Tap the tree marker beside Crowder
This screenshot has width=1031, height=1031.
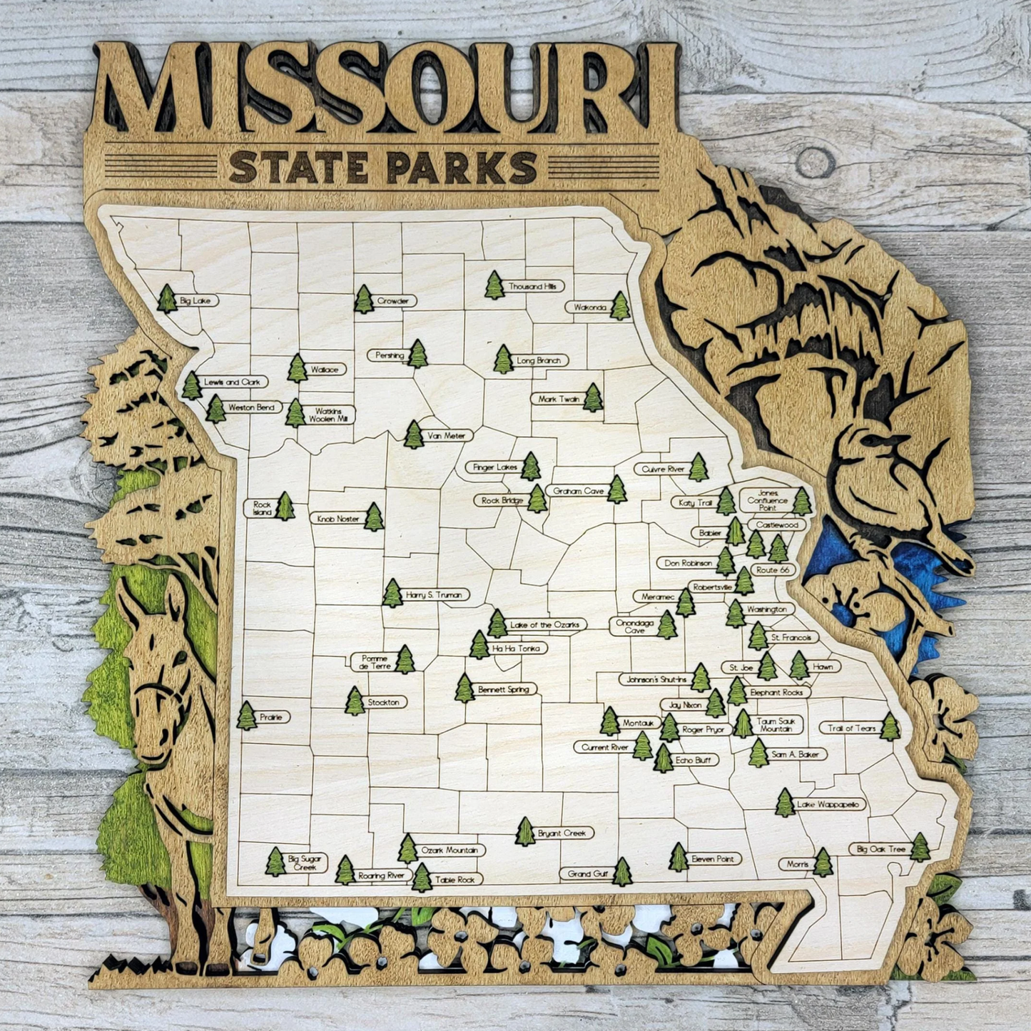point(364,300)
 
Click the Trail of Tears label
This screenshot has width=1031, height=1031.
point(851,728)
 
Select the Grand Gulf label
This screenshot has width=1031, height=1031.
point(588,873)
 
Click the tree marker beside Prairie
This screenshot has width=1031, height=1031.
point(246,716)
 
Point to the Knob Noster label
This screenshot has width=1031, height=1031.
point(338,519)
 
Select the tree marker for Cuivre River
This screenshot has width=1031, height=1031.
point(698,467)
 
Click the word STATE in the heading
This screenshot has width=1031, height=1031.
point(298,169)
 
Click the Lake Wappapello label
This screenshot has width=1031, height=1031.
point(830,805)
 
